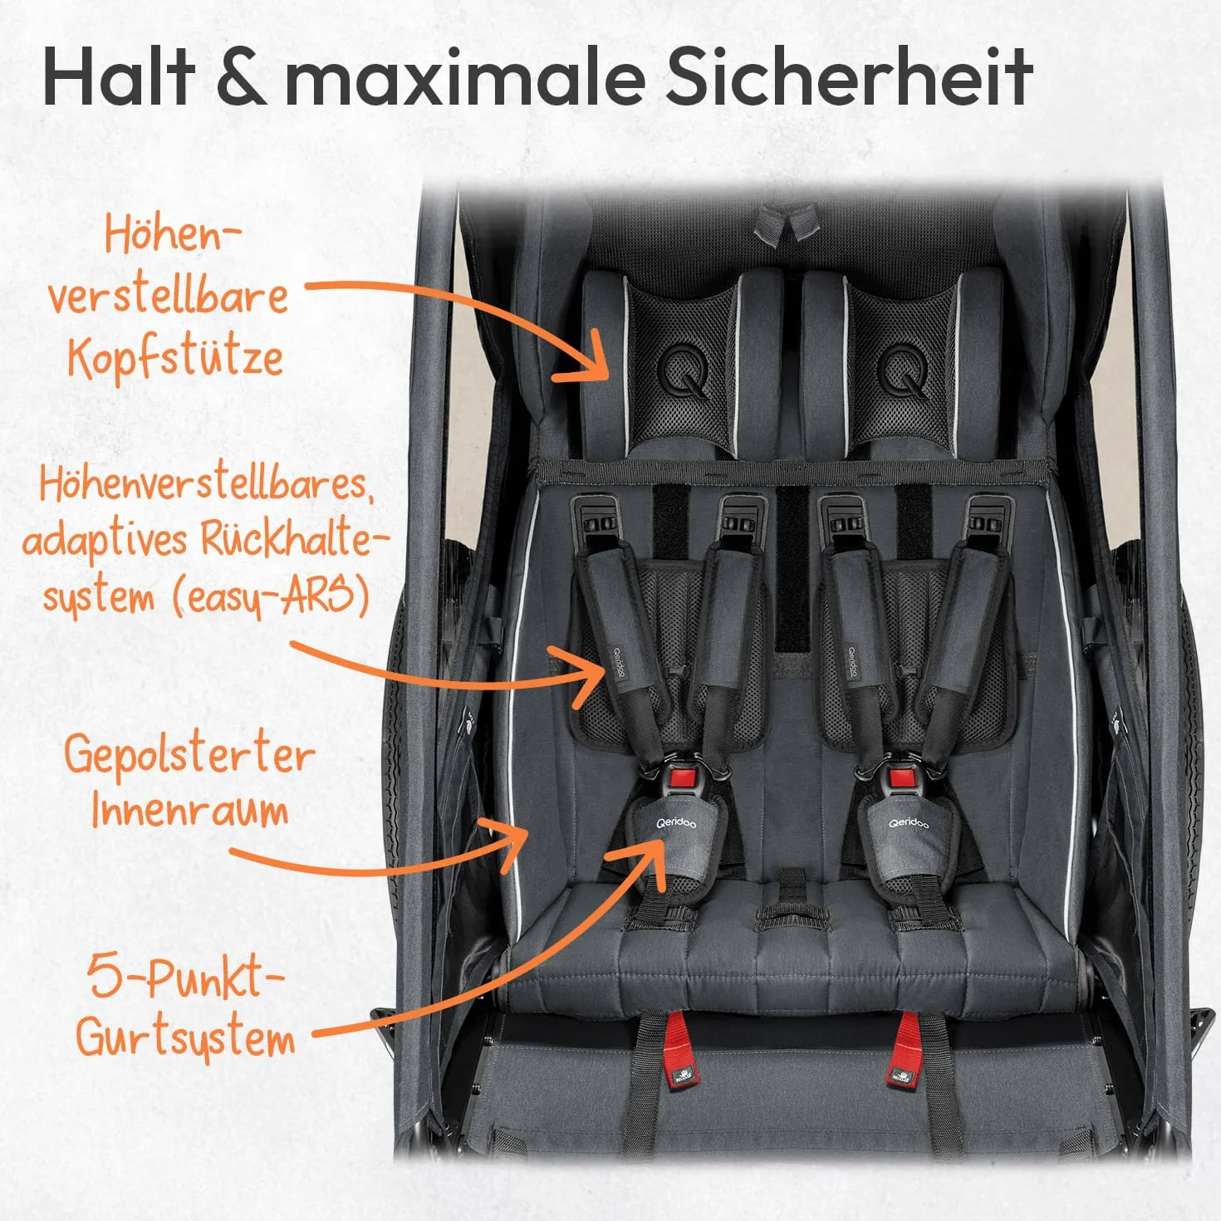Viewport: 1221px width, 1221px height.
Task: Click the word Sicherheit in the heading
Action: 848,76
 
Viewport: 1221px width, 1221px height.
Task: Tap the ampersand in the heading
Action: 241,77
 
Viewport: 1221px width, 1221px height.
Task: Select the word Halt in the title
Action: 118,76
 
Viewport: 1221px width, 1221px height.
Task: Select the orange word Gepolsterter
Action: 189,757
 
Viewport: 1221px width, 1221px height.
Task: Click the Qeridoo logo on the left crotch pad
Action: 675,823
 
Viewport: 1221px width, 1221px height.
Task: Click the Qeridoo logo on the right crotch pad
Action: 908,823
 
